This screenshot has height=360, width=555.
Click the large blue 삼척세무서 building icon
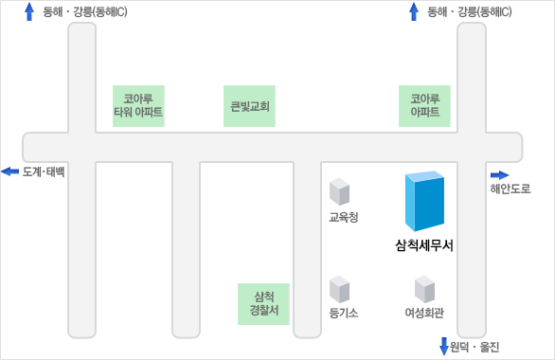point(423,201)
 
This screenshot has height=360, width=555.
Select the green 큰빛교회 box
point(251,106)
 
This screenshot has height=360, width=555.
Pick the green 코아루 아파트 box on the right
point(424,105)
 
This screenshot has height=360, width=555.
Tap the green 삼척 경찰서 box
point(263,303)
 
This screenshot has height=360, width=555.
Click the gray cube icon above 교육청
point(339,191)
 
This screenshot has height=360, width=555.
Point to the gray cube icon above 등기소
point(339,288)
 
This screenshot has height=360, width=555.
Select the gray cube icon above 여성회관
point(424,288)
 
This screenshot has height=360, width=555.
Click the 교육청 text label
point(343,217)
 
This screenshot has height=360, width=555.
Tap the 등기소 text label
point(343,313)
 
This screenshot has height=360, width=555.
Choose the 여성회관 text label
point(424,313)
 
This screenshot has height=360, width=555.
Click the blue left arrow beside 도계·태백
point(9,171)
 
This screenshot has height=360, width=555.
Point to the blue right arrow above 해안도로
point(499,174)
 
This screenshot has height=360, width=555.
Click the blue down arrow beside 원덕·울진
point(443,346)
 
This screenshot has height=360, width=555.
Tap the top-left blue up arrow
point(29,11)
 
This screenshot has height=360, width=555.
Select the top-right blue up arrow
point(413,11)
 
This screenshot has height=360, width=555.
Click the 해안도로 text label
point(510,189)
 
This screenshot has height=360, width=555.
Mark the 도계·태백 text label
point(44,171)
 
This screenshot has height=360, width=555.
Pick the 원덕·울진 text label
point(474,347)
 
